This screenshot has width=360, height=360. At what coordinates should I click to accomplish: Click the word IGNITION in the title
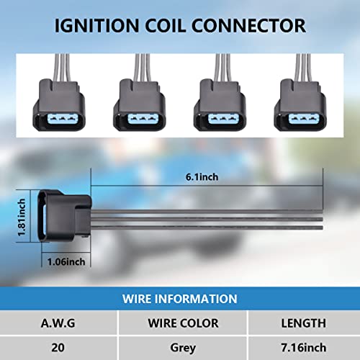point(96,26)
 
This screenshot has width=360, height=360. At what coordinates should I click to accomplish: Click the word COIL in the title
point(166,26)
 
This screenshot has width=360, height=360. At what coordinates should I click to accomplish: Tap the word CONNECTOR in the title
point(248,26)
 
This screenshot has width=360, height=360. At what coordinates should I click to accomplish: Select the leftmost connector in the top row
point(59,105)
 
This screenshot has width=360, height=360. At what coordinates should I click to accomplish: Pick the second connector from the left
point(140,105)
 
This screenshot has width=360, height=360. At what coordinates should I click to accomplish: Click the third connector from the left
point(220,105)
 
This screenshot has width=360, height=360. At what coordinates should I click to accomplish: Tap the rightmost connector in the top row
point(300,105)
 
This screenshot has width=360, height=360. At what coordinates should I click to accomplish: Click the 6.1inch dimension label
point(202,177)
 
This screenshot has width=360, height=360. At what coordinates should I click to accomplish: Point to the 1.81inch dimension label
point(22,217)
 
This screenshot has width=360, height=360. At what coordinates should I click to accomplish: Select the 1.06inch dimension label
point(66,261)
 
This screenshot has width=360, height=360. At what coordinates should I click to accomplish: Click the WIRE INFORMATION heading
point(179,299)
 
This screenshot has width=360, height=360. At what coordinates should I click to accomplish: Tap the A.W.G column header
point(58,323)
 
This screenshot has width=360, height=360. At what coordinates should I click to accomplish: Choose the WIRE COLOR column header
point(183,323)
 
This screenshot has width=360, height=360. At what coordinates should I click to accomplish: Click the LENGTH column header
point(304,323)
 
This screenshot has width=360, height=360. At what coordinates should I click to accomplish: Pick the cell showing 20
point(58,348)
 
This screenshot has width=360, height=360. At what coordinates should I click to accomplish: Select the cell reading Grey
point(183,348)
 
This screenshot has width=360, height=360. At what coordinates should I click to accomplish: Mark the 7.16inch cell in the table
point(304,348)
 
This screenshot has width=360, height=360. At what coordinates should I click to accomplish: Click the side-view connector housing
point(65,216)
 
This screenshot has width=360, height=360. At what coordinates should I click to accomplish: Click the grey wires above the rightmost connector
point(304,68)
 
